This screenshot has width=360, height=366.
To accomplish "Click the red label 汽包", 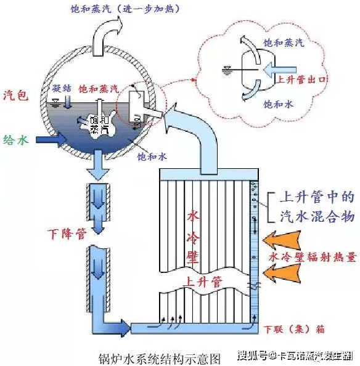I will click(17, 95).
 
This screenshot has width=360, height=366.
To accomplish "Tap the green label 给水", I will click(17, 140).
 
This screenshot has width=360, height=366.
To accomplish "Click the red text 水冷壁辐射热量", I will click(312, 257).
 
